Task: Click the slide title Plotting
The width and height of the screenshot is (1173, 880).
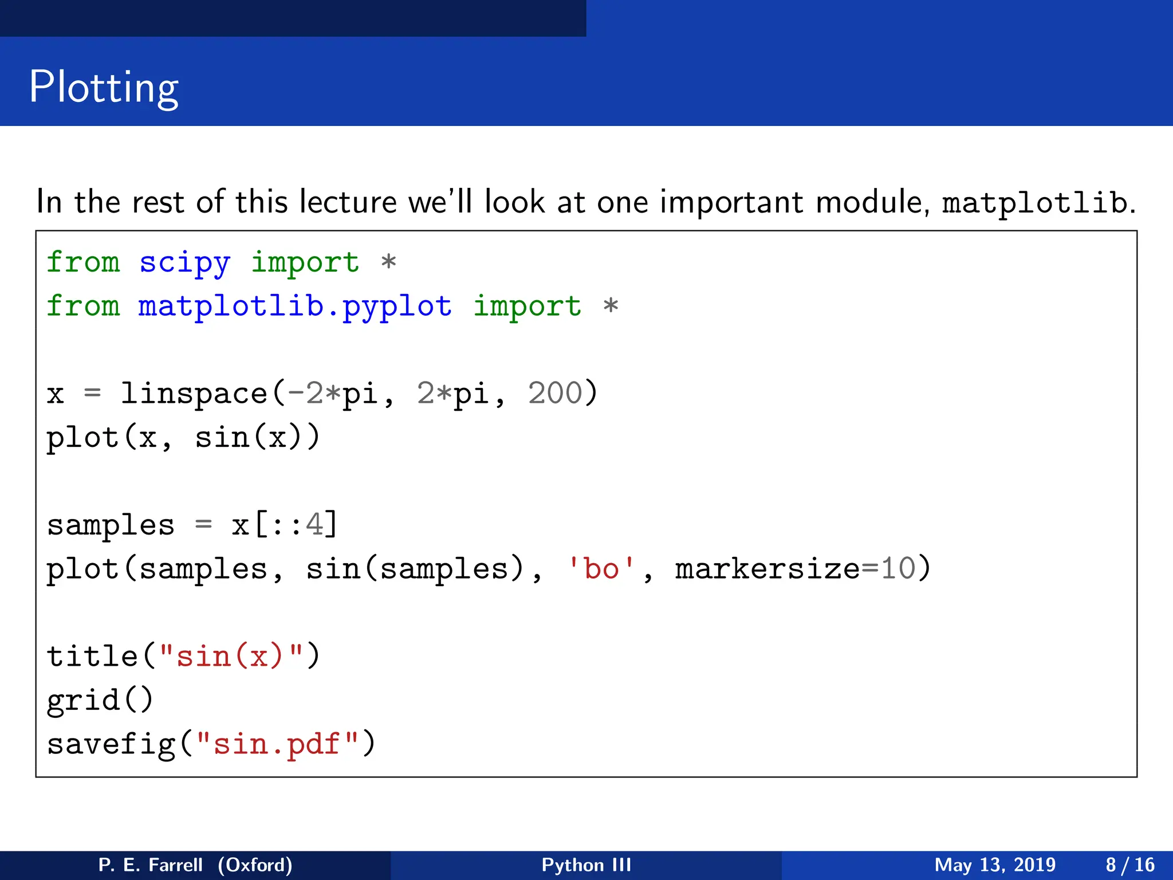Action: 104,87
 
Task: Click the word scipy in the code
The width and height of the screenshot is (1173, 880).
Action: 184,263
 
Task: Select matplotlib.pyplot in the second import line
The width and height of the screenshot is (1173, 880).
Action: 295,307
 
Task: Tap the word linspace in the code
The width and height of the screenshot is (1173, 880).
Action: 194,394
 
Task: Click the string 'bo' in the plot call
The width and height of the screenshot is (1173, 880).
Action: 601,569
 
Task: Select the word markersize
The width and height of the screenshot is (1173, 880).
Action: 768,569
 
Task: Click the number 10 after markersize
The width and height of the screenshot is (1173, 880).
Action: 898,569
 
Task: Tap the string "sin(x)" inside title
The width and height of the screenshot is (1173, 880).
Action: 231,657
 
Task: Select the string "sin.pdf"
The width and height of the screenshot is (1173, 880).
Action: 277,744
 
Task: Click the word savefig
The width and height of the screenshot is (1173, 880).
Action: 111,744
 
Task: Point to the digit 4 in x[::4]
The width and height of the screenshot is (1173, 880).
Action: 314,525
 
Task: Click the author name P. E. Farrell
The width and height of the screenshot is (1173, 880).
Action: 151,865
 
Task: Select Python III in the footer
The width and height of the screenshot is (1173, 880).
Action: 586,865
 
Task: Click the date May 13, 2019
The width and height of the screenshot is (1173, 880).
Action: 995,865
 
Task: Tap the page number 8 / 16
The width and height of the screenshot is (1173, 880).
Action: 1130,865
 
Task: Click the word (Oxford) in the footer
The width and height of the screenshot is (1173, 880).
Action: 255,865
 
